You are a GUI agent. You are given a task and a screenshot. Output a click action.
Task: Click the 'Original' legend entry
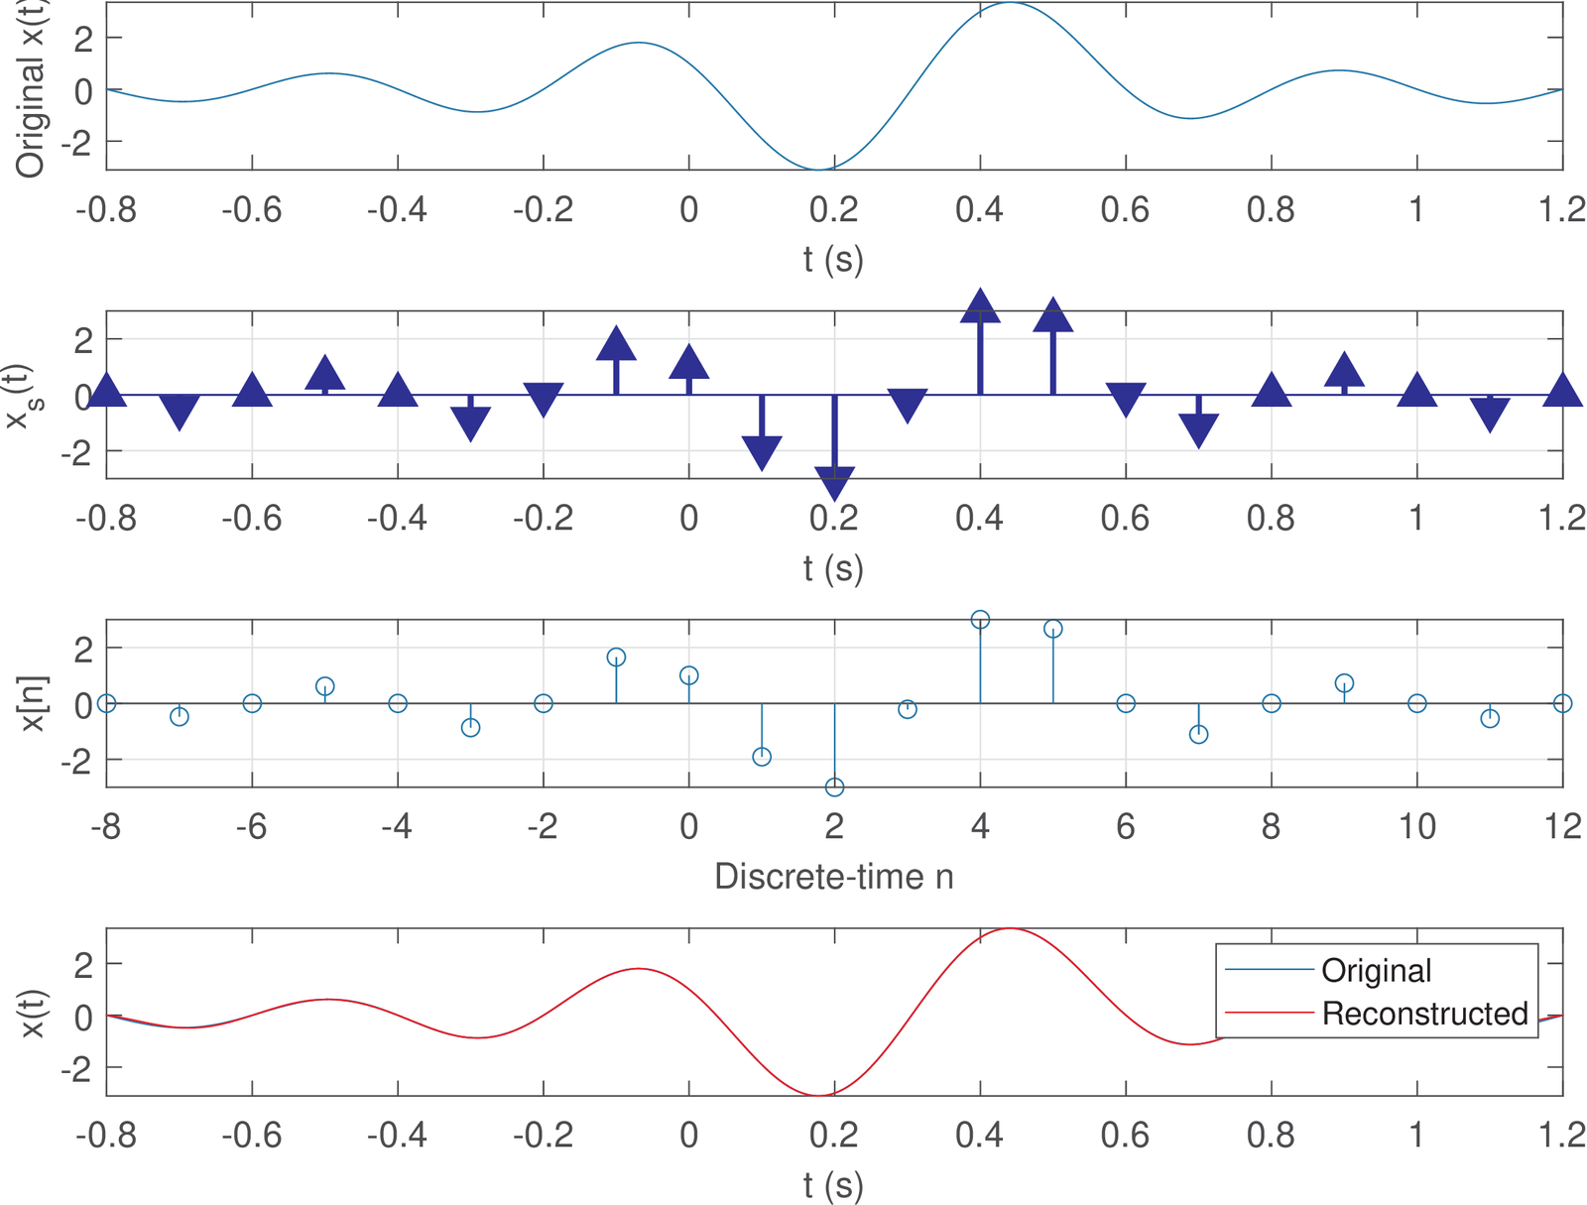[x=1375, y=970]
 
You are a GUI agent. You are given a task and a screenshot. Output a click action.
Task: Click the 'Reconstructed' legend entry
[x=1424, y=1014]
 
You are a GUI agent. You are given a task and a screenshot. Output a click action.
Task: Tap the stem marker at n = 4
[x=980, y=620]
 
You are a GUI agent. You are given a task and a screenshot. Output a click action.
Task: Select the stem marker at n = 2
[x=834, y=786]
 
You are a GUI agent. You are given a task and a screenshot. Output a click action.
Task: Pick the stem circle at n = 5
[x=1053, y=629]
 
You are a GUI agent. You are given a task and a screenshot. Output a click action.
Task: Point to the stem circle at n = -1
[x=616, y=657]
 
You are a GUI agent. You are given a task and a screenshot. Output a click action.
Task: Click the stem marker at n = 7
[x=1198, y=734]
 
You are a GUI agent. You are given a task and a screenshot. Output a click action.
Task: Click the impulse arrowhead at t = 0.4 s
[x=980, y=306]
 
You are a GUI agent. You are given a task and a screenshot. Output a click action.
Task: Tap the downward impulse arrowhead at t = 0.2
[x=834, y=484]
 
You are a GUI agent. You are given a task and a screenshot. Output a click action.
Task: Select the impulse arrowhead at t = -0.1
[x=616, y=343]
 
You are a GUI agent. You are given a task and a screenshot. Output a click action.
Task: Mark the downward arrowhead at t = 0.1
[x=762, y=453]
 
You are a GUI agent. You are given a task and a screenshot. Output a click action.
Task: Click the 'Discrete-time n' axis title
[x=833, y=877]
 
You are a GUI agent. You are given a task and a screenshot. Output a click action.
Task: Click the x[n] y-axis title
[x=33, y=704]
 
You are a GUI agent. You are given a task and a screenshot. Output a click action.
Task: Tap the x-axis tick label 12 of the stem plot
[x=1563, y=826]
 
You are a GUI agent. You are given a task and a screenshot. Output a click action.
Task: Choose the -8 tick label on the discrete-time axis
[x=106, y=826]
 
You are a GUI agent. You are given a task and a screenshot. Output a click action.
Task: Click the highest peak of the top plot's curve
[x=1010, y=3]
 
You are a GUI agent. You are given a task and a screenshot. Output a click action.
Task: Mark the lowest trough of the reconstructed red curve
[x=818, y=1095]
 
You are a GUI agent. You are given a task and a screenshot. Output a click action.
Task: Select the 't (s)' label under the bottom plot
[x=833, y=1184]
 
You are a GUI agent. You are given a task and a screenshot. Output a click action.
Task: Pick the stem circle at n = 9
[x=1344, y=682]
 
